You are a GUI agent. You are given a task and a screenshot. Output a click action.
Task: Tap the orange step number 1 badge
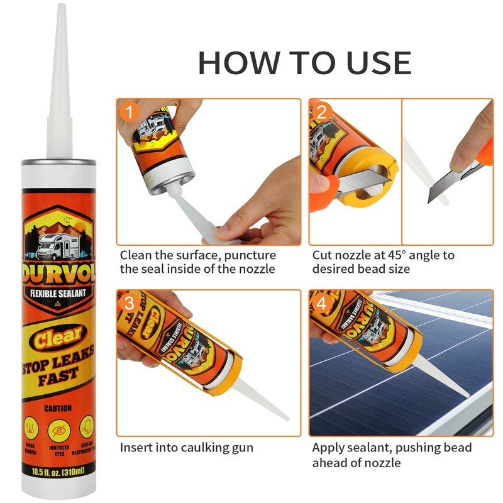(x=130, y=113)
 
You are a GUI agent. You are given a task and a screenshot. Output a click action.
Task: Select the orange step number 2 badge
(x=322, y=113)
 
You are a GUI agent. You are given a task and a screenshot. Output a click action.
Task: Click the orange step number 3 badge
(x=130, y=304)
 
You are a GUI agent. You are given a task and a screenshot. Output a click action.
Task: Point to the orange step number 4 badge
(x=322, y=304)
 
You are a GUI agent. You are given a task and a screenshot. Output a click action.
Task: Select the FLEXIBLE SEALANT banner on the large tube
(x=59, y=293)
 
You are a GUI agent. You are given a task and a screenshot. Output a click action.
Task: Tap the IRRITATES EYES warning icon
(x=58, y=431)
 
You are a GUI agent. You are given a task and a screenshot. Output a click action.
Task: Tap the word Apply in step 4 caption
(x=329, y=448)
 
